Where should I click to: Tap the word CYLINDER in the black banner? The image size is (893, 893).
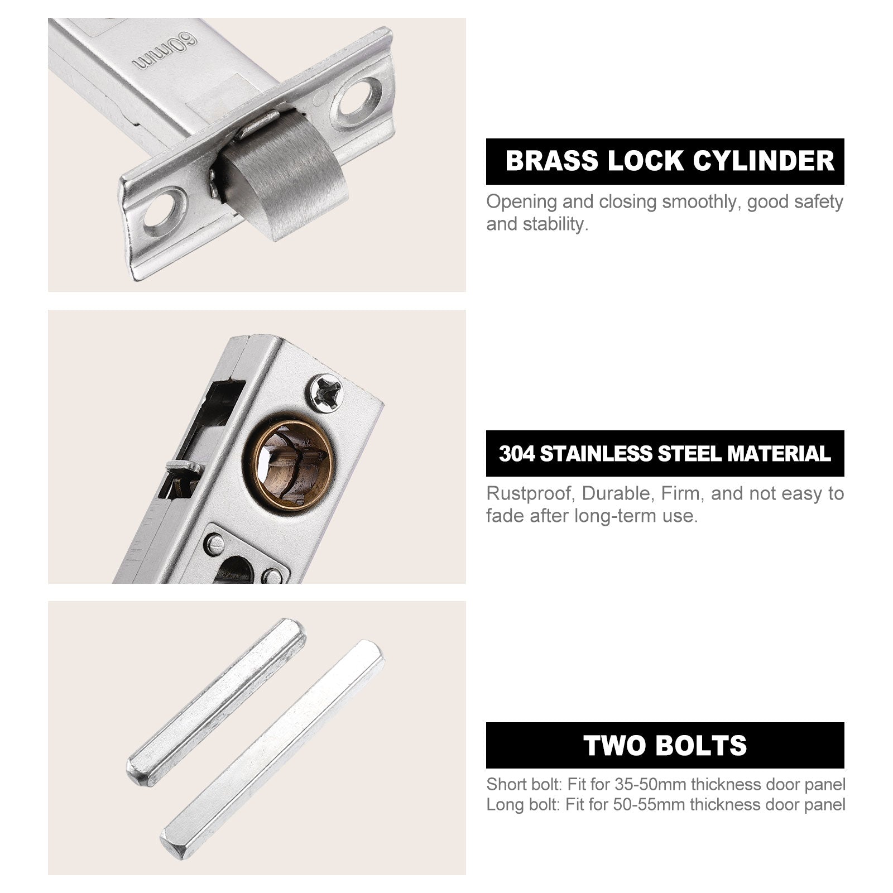[764, 161]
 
